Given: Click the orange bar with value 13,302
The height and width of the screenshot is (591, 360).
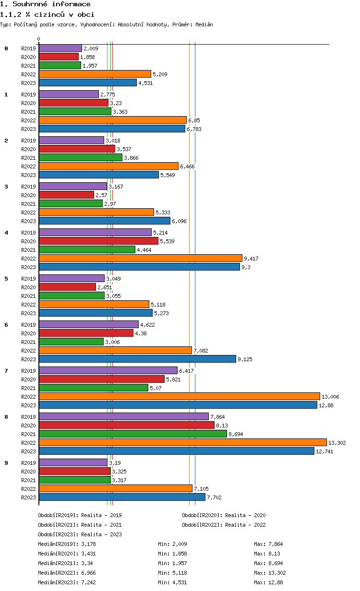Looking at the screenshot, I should click(x=182, y=442).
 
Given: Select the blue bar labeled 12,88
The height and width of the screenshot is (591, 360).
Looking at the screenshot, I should click(x=178, y=405).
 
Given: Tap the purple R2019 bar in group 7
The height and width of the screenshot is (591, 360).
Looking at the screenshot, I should click(x=108, y=370).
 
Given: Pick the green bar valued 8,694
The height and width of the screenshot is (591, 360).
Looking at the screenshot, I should click(x=132, y=434).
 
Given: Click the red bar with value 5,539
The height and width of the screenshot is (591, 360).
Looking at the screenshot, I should click(x=98, y=241).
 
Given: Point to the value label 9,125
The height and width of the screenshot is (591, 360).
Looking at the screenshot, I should click(x=245, y=359).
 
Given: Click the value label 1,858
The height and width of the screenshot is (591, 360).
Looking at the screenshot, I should click(x=88, y=57).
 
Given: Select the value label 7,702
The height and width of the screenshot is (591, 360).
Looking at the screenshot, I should click(x=214, y=497).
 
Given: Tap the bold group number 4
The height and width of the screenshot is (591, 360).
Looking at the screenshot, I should click(x=6, y=233).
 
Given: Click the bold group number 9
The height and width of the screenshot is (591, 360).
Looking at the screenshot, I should click(x=6, y=463).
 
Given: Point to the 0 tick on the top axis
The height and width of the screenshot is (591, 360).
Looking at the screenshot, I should click(x=39, y=39).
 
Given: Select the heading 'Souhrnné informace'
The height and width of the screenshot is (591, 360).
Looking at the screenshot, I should click(x=51, y=4).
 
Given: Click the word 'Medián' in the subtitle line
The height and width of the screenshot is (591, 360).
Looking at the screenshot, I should click(x=204, y=24).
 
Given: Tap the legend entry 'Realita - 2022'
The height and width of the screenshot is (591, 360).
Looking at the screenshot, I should click(x=245, y=525).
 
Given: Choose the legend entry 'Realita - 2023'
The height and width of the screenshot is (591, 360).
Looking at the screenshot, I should click(x=101, y=534).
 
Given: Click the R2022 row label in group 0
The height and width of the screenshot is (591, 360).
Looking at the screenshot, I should click(x=28, y=74).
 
